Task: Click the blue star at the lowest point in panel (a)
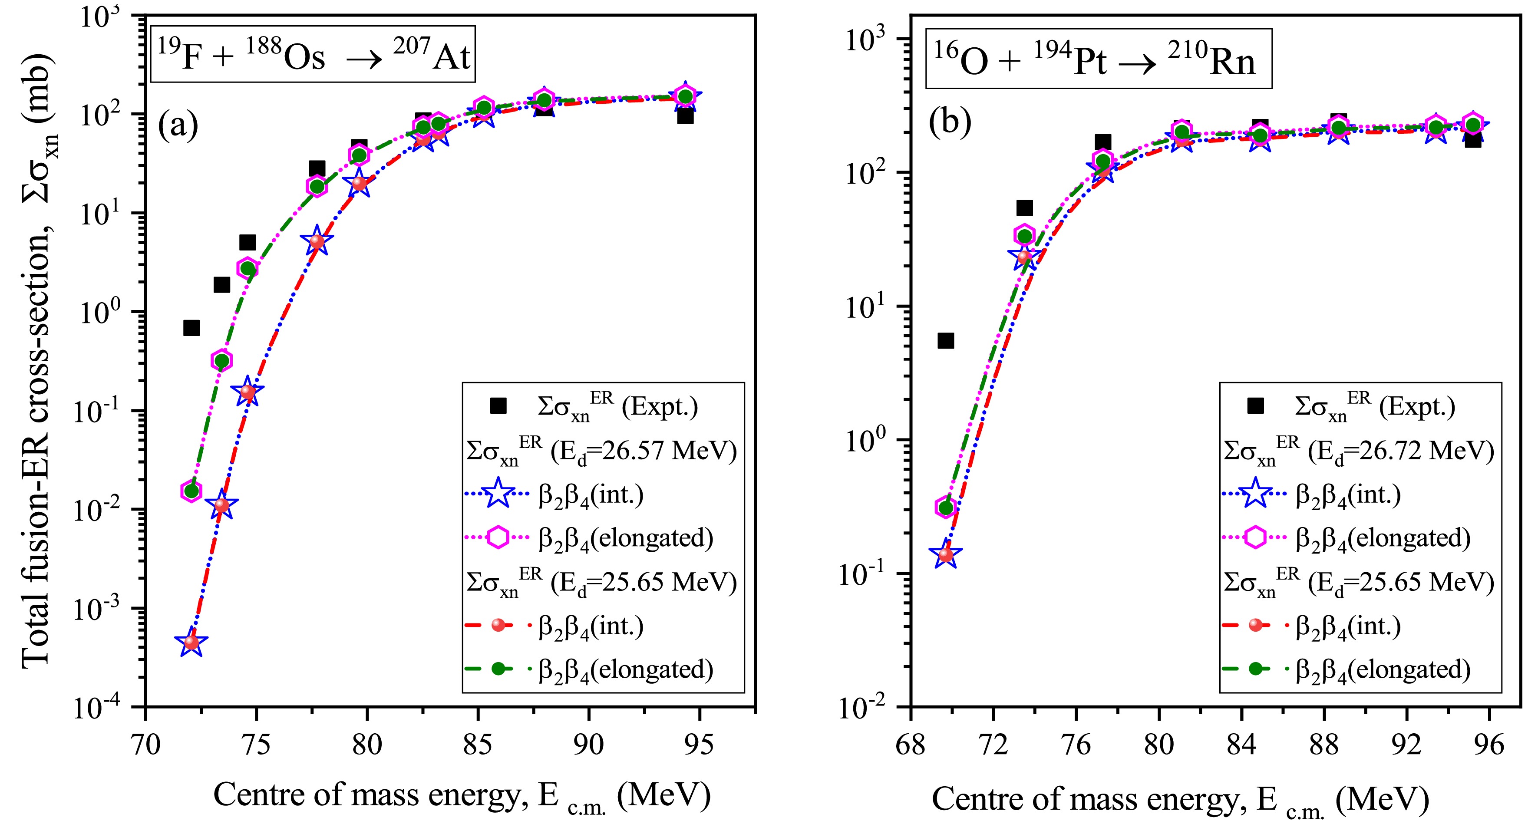pos(191,643)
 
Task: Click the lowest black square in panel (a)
pos(191,328)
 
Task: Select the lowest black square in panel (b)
pos(946,341)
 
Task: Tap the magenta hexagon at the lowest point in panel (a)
pos(191,491)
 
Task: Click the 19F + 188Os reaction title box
pos(313,54)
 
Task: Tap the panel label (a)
pos(178,125)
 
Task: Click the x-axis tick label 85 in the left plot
pos(478,745)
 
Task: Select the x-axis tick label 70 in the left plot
pos(146,745)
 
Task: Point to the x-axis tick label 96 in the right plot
pos(1489,745)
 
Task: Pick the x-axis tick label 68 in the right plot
pos(911,745)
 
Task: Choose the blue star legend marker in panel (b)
pos(1256,494)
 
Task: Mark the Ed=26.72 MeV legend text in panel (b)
pos(1358,450)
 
